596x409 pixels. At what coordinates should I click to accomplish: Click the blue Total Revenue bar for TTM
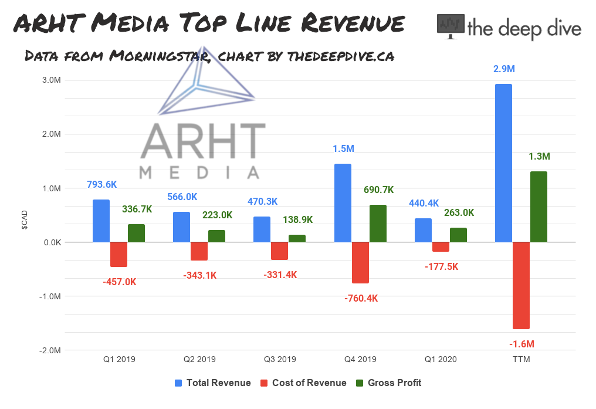(503, 163)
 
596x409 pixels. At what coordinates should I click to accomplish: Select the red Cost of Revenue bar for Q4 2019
(360, 262)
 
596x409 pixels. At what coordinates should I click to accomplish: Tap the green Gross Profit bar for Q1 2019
(136, 233)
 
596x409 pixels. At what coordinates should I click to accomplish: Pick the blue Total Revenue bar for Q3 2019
(262, 229)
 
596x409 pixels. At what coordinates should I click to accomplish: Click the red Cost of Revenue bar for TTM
(521, 285)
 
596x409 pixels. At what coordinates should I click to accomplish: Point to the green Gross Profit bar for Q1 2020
(458, 235)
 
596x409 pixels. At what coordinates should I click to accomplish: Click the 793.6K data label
(101, 185)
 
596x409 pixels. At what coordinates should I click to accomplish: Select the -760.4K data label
(360, 298)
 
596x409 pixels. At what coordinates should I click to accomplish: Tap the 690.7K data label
(378, 190)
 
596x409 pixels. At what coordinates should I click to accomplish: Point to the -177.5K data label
(441, 266)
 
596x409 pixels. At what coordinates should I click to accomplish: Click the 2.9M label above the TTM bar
(503, 69)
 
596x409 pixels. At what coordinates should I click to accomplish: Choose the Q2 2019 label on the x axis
(199, 359)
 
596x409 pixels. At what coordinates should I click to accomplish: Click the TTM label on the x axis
(521, 359)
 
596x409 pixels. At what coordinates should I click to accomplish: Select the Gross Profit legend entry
(394, 383)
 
